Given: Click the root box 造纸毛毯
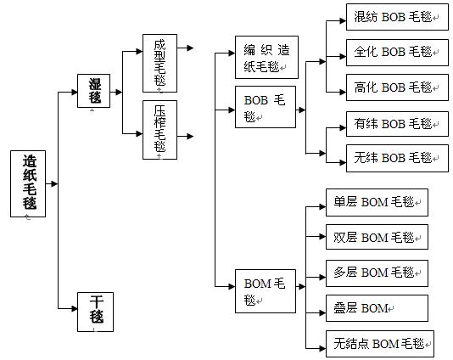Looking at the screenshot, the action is click(x=28, y=183).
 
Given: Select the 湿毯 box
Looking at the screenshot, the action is click(x=93, y=91).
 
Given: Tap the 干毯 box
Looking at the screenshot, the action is click(x=95, y=312).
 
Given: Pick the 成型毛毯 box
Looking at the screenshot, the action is click(x=159, y=64).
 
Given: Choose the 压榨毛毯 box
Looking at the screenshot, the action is click(x=159, y=130).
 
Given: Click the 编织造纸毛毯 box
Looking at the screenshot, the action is click(x=266, y=57).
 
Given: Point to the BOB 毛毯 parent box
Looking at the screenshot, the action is click(x=266, y=107).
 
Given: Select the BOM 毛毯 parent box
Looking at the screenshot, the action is click(x=266, y=291).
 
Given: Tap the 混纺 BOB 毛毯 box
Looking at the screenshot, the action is click(x=397, y=17).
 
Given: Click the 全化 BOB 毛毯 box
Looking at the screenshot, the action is click(x=397, y=53).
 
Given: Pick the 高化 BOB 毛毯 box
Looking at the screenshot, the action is click(x=397, y=87).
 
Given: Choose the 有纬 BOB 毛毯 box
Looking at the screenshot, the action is click(x=397, y=124).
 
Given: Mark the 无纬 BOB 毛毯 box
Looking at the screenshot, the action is click(x=397, y=158).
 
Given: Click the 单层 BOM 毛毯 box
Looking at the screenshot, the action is click(x=377, y=202).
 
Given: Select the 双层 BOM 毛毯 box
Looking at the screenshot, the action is click(x=377, y=237).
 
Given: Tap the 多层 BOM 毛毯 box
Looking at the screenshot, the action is click(x=377, y=273).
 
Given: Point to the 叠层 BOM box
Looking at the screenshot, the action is click(x=377, y=308).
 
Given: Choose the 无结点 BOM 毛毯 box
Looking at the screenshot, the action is click(x=380, y=344).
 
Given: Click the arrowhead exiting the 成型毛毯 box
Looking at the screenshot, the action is click(x=190, y=48).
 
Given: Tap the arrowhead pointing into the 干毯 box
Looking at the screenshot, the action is click(x=75, y=308).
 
